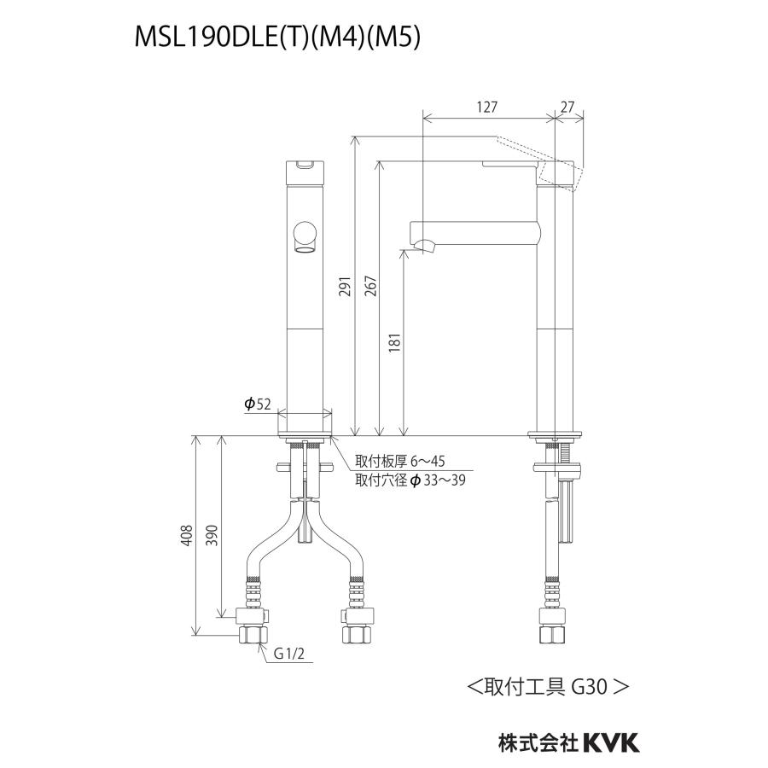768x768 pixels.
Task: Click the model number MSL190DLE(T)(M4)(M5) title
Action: point(276,38)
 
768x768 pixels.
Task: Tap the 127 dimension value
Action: point(486,107)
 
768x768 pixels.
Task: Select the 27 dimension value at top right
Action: point(568,107)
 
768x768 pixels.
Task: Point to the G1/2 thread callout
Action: point(290,654)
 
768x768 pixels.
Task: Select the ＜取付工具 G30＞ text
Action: point(548,685)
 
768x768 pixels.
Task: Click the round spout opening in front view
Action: point(304,234)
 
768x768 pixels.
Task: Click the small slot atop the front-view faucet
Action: point(304,165)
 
